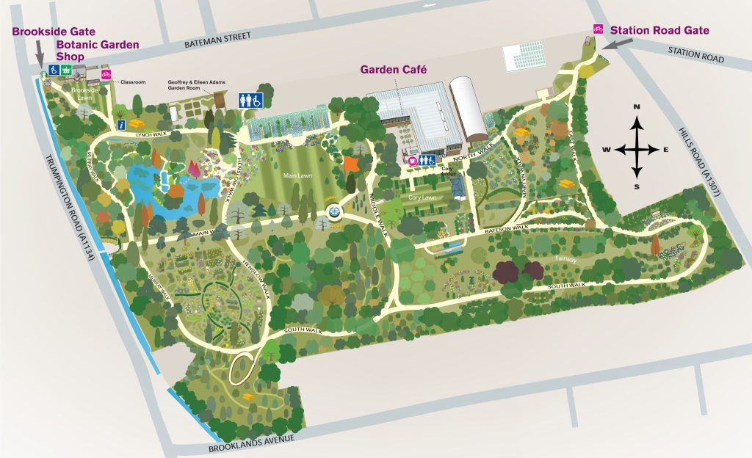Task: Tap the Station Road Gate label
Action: click(x=659, y=30)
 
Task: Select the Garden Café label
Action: click(x=393, y=70)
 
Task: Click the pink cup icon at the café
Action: click(x=413, y=160)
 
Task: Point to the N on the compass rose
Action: click(x=637, y=108)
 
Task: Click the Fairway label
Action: click(x=565, y=259)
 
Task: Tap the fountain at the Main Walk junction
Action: click(x=335, y=213)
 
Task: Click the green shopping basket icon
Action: click(x=67, y=70)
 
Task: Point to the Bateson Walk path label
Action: click(x=507, y=230)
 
